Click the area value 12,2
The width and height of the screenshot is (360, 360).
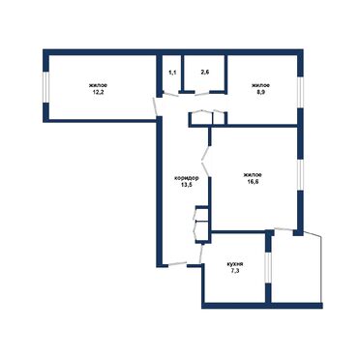tap(99, 92)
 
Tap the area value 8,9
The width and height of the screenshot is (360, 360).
tap(260, 92)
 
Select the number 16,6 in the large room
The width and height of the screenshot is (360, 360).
tap(253, 181)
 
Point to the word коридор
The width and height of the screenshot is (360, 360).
tap(186, 178)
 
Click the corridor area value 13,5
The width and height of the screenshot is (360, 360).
tap(187, 185)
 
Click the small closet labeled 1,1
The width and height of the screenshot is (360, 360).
tap(173, 73)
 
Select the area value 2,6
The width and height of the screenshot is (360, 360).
tap(205, 73)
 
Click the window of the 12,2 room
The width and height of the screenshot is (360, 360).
tap(46, 87)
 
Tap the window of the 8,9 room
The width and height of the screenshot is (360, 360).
tap(300, 92)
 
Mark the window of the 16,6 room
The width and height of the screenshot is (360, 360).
tap(300, 174)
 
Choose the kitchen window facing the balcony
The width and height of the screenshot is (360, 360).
tap(268, 268)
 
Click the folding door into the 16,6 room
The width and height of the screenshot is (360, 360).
tap(206, 161)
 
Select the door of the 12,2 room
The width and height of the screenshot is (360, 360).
tap(155, 106)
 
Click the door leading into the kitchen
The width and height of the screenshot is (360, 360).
tap(201, 254)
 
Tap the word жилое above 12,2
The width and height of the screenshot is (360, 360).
tap(99, 85)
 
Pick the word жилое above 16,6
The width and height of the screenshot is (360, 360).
tap(253, 175)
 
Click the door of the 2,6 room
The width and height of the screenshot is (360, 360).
tap(202, 94)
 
